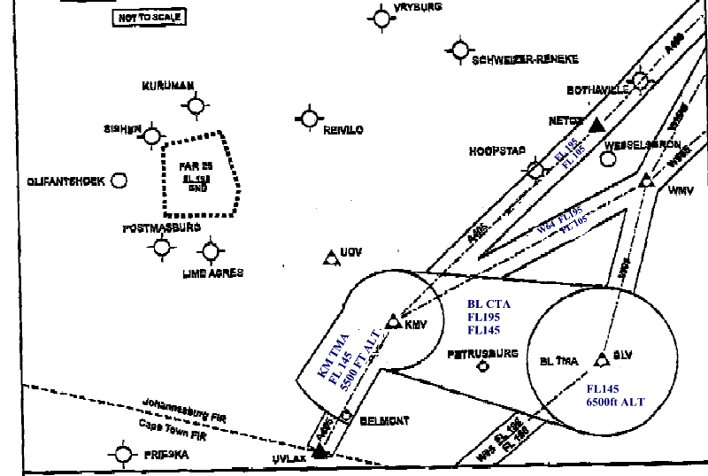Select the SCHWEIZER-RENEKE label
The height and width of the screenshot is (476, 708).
[x=526, y=60]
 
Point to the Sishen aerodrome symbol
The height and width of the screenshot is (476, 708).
[x=154, y=136]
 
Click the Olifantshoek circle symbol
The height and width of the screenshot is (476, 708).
[x=119, y=180]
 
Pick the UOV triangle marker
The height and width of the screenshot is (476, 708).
[x=331, y=255]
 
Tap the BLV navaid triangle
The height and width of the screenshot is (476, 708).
[x=602, y=357]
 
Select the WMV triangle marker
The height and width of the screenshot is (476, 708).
[x=646, y=180]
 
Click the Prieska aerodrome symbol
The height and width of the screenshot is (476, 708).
[x=123, y=454]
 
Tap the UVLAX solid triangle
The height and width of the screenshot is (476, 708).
[x=319, y=451]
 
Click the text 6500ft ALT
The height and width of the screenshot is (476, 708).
[x=614, y=403]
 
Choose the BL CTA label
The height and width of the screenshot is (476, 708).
[x=489, y=303]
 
